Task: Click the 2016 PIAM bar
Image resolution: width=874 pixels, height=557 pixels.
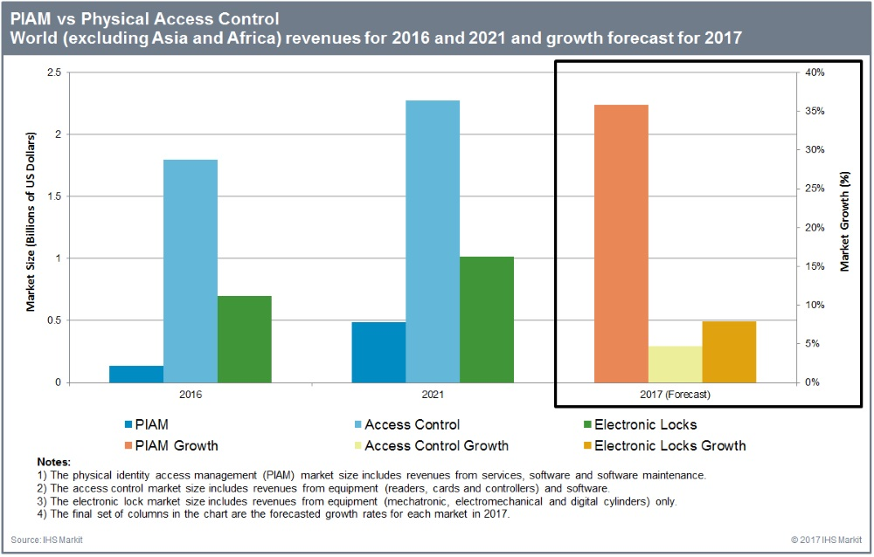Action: coord(136,374)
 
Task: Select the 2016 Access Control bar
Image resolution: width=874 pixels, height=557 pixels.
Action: coord(191,271)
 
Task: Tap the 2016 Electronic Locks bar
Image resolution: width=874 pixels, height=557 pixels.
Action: coord(245,339)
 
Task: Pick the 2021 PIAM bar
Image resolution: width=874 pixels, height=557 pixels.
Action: coord(378,352)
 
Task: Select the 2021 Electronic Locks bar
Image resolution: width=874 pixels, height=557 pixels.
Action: coord(487,320)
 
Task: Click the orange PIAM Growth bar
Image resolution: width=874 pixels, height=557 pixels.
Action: coord(621,244)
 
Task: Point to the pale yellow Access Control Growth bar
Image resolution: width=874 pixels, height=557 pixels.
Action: coord(675,364)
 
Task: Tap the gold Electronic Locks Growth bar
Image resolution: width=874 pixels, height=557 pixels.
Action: coord(729,352)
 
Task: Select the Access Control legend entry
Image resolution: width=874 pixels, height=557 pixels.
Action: coord(412,425)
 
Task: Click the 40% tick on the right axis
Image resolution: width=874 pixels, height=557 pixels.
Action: coord(814,72)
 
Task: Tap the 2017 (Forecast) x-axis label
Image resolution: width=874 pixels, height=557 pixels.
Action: coord(674,395)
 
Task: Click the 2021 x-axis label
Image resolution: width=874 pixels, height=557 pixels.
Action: coord(433,395)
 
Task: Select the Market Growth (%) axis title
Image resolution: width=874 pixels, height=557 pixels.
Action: coord(845,222)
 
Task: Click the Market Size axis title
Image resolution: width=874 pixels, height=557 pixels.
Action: coord(31,223)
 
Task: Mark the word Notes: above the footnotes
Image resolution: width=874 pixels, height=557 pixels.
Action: coord(53,460)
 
